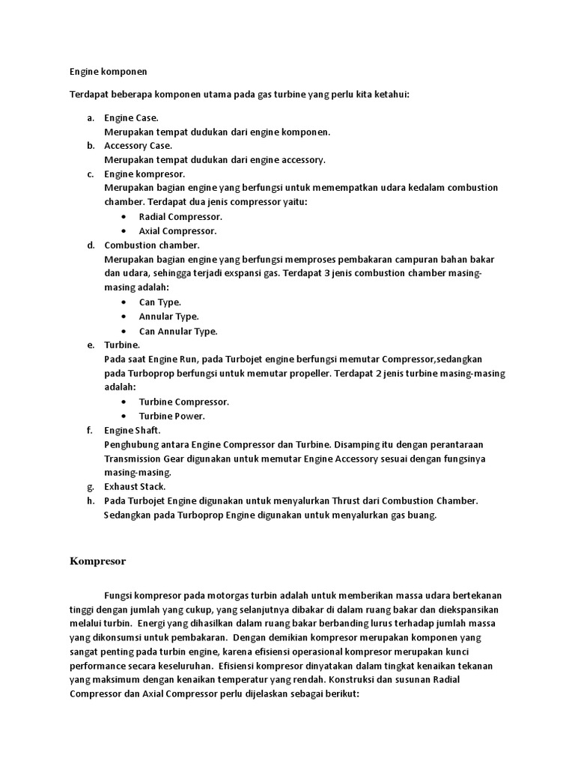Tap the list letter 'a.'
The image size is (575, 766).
(x=90, y=117)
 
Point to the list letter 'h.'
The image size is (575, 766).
(x=91, y=500)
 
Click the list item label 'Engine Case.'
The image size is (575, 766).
(x=131, y=117)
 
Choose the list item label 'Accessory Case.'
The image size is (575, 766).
(x=138, y=145)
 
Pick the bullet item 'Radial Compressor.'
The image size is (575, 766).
(x=180, y=216)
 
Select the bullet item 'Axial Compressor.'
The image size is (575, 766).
(x=178, y=230)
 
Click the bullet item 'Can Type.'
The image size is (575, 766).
(x=160, y=302)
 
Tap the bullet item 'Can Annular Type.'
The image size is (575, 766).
(x=178, y=331)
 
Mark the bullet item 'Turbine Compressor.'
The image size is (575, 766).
(x=184, y=402)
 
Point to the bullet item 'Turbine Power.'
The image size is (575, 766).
(x=172, y=416)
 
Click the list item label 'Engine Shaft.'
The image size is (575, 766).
(x=133, y=430)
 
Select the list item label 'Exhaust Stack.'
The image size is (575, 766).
(x=135, y=486)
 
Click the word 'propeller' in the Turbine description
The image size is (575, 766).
(x=309, y=373)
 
